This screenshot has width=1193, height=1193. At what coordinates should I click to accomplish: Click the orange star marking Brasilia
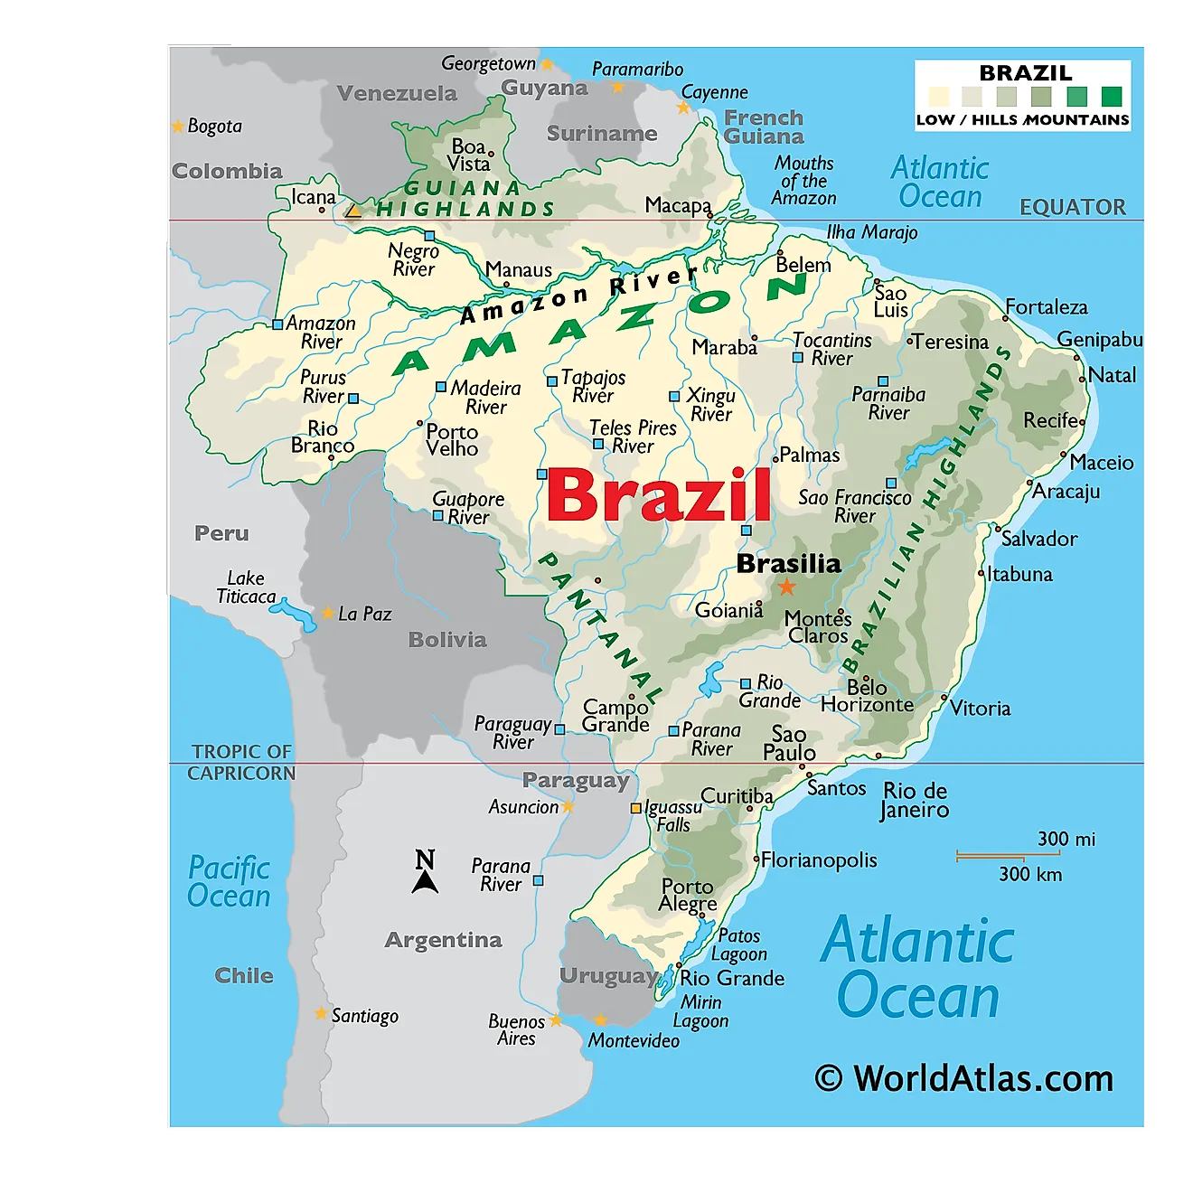click(787, 587)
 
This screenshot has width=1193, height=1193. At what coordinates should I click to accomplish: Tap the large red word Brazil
click(659, 495)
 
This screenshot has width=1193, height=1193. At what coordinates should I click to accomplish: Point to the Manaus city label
click(518, 270)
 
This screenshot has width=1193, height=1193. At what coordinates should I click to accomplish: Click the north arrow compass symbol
click(425, 872)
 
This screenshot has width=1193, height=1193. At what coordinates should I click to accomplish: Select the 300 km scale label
click(1029, 874)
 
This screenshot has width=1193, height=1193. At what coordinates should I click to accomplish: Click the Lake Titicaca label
click(246, 587)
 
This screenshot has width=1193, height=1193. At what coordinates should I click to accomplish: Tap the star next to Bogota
click(178, 127)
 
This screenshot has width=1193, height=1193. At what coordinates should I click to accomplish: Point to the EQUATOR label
click(1072, 208)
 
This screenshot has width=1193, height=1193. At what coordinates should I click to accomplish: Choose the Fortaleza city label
click(1046, 307)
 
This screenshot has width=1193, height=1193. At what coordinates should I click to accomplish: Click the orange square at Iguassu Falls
click(636, 808)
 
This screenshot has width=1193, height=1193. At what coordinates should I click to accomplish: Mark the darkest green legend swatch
click(1112, 96)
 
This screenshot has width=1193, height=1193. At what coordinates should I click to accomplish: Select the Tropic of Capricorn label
click(241, 762)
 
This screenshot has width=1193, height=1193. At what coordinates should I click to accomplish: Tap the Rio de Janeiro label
click(915, 800)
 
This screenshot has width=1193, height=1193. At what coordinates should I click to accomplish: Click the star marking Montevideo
click(600, 1020)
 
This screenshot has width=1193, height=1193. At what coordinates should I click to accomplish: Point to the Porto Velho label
click(452, 440)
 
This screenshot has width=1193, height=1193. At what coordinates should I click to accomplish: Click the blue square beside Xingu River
click(674, 397)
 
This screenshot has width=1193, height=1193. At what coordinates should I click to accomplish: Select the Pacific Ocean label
click(229, 881)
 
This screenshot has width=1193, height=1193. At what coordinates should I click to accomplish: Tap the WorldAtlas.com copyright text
click(963, 1078)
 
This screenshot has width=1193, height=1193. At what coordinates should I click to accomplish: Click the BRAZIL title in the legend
click(1025, 73)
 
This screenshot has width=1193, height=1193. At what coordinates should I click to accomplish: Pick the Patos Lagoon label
click(738, 944)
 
